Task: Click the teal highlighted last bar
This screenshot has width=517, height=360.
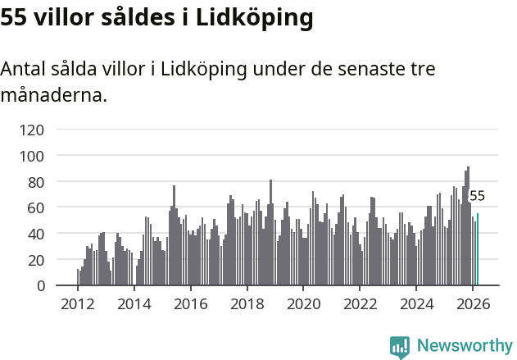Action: pos(478,250)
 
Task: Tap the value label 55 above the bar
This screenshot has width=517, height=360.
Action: pos(477,196)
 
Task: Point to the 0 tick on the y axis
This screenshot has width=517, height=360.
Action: pos(39,286)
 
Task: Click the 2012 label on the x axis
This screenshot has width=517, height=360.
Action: pos(78,304)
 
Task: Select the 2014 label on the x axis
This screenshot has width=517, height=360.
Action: pos(134,304)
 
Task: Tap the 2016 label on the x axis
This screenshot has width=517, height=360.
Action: pos(191,304)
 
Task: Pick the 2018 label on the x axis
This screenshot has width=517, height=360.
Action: pos(247,304)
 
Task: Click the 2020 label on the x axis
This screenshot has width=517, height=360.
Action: pos(304,304)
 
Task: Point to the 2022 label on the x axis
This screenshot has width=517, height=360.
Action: pos(361,304)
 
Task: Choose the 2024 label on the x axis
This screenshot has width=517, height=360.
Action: pos(417,304)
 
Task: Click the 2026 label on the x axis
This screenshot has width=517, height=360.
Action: pos(474,304)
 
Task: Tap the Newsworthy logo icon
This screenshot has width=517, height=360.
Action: pos(400,347)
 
